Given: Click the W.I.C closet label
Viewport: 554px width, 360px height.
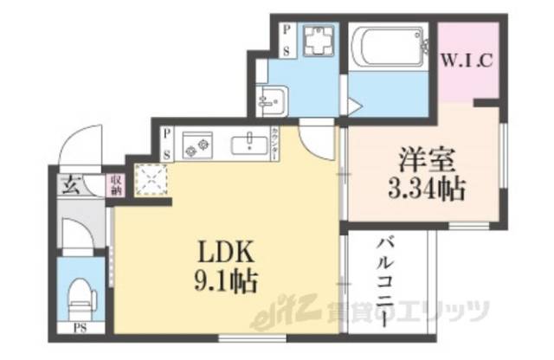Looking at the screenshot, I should point(468,61).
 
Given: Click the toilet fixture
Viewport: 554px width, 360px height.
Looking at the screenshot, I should point(81,294).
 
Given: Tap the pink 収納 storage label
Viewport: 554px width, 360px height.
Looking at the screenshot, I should point(113,184).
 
